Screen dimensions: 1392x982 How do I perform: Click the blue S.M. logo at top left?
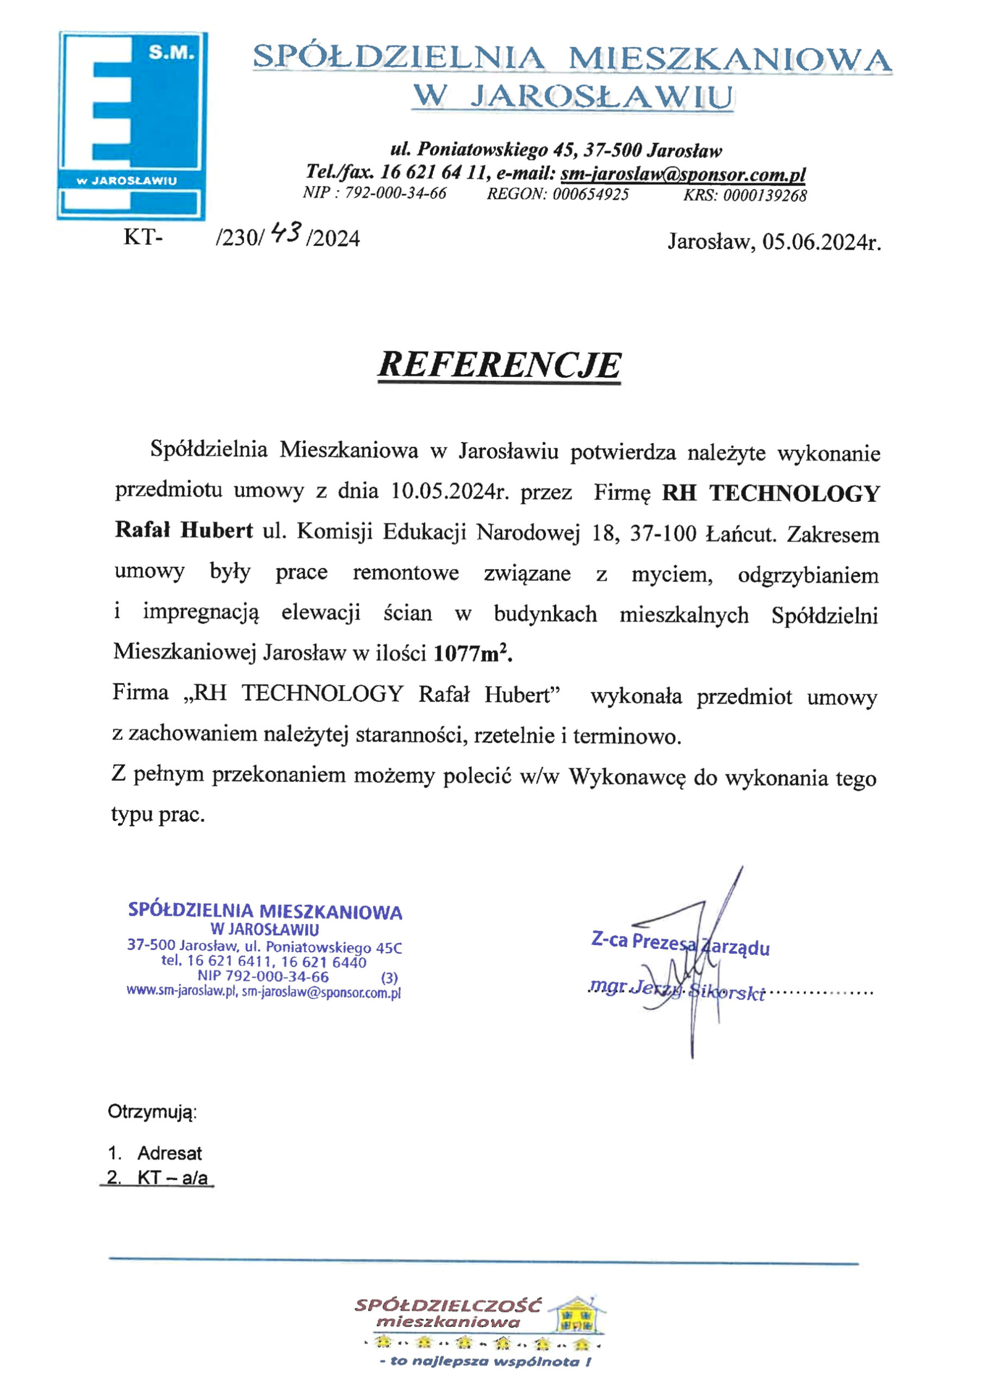pyautogui.click(x=132, y=125)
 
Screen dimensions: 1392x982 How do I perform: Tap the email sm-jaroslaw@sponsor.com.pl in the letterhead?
pyautogui.click(x=683, y=174)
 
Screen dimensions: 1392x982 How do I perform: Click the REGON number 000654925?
pyautogui.click(x=591, y=195)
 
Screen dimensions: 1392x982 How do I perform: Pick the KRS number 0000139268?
pyautogui.click(x=765, y=195)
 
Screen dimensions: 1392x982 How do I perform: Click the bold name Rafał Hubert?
pyautogui.click(x=184, y=531)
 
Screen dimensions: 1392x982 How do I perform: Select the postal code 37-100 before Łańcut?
pyautogui.click(x=664, y=533)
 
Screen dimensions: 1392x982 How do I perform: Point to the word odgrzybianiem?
pyautogui.click(x=808, y=575)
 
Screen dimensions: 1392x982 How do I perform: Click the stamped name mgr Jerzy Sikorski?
pyautogui.click(x=677, y=991)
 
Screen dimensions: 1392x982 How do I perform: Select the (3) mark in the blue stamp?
pyautogui.click(x=389, y=978)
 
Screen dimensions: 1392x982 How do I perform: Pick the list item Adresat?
pyautogui.click(x=169, y=1153)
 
